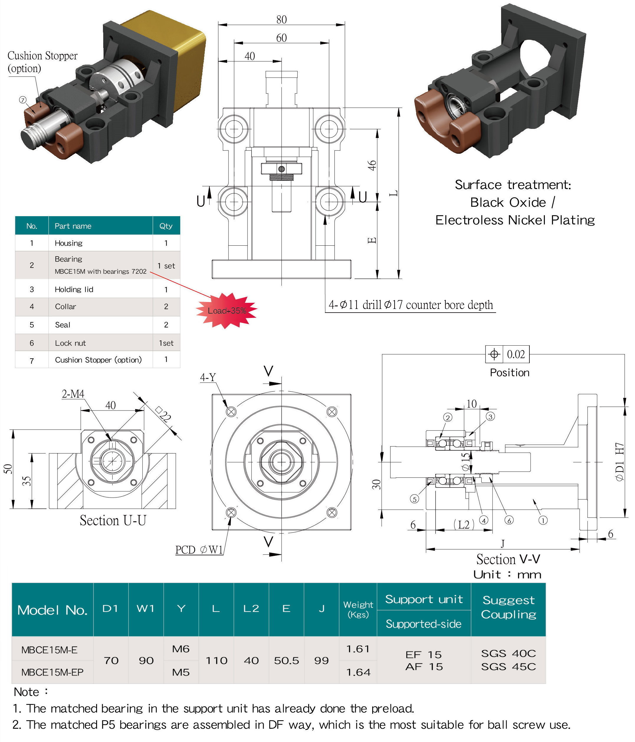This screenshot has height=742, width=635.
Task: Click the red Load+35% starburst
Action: click(x=226, y=311)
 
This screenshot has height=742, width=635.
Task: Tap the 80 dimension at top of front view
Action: click(x=281, y=19)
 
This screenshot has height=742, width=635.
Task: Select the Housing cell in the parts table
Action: click(x=68, y=243)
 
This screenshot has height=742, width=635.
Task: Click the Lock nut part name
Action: click(x=70, y=343)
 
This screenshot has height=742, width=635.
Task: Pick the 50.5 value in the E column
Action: click(x=286, y=660)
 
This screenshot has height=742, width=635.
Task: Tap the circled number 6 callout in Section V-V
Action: click(x=509, y=520)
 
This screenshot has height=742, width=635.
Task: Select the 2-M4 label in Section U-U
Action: click(x=73, y=394)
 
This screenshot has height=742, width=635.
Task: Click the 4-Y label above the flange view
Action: click(x=208, y=377)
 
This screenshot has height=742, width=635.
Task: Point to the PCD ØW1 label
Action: click(x=199, y=550)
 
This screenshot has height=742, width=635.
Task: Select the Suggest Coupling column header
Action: click(x=508, y=607)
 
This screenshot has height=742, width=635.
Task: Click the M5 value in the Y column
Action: click(x=181, y=672)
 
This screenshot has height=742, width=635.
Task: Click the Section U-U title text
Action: click(x=113, y=520)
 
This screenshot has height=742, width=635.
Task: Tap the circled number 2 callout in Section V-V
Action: click(x=448, y=417)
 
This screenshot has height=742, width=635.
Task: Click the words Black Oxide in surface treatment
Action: click(x=508, y=202)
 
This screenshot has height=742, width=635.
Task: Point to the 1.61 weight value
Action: click(x=357, y=649)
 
